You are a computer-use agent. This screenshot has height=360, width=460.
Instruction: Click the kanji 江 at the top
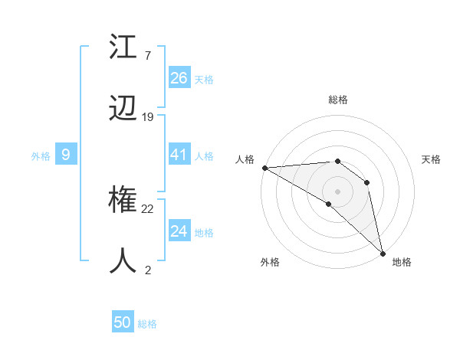click(124, 48)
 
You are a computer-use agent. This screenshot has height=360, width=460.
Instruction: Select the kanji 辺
click(124, 110)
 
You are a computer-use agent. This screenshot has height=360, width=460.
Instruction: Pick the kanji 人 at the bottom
click(124, 261)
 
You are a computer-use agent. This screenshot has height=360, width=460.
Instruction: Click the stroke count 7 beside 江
click(147, 56)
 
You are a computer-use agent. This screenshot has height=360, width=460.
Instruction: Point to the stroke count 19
click(148, 117)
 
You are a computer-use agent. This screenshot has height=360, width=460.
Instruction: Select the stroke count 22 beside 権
click(148, 209)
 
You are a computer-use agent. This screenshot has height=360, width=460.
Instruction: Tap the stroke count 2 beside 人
click(147, 270)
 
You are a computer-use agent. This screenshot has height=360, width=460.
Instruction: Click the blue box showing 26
click(179, 77)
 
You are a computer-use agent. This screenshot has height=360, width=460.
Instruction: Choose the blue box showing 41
click(179, 155)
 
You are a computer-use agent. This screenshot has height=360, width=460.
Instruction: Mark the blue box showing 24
click(179, 231)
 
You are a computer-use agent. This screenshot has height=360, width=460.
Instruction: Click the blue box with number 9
click(66, 155)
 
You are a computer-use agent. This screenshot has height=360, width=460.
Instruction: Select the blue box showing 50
click(123, 322)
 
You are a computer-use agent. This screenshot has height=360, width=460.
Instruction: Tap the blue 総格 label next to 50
click(148, 324)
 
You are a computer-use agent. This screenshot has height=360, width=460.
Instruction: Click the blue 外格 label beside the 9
click(41, 156)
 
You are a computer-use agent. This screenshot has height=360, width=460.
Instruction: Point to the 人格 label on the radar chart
click(245, 159)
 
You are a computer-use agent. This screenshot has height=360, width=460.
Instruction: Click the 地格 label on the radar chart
click(402, 262)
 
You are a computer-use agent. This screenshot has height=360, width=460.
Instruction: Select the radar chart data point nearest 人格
click(264, 168)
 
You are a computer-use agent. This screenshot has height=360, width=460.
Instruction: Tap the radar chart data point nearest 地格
click(383, 253)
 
